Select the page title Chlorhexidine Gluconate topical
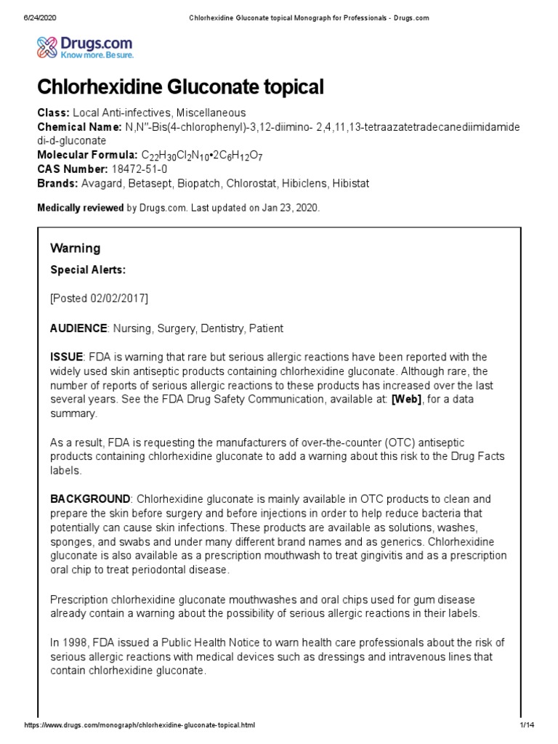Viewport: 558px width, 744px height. pos(180,88)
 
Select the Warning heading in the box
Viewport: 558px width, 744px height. pos(75,248)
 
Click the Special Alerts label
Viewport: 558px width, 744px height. pos(87,270)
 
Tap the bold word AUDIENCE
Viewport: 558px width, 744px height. pos(78,328)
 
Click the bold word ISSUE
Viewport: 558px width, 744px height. pos(66,357)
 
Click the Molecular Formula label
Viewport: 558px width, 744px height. pos(86,155)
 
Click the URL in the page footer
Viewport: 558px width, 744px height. pos(140,726)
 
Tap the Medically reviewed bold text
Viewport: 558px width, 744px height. pos(80,208)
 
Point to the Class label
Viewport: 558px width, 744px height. pos(53,113)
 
